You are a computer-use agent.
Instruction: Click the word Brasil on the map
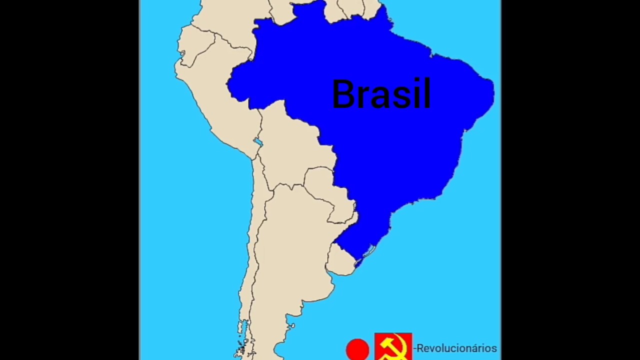pos(381,94)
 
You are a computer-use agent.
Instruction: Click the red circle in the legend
pos(357,349)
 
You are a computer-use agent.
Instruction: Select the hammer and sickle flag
pos(393,346)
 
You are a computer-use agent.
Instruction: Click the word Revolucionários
pos(456,348)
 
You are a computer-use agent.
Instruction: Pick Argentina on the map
pos(290,250)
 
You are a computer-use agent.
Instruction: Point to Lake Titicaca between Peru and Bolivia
pos(258,142)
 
